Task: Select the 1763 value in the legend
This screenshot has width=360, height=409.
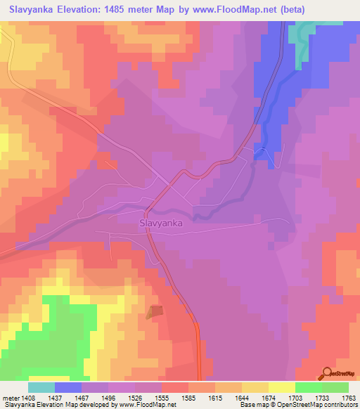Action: click(349, 398)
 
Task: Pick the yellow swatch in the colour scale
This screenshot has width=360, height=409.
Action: click(281, 387)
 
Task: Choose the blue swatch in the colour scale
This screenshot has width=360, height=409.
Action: click(67, 387)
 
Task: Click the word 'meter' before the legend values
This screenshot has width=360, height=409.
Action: click(12, 398)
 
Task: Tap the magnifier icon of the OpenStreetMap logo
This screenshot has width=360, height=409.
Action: click(327, 373)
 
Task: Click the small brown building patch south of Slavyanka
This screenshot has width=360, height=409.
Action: click(155, 312)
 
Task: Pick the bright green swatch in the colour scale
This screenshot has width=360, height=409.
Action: click(308, 387)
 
